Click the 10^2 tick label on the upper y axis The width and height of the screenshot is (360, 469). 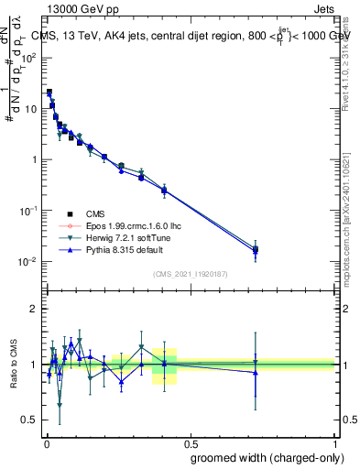click(29, 58)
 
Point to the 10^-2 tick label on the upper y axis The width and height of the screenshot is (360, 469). click(29, 262)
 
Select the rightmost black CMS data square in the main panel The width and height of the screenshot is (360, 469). click(256, 249)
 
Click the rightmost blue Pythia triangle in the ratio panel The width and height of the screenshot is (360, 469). click(256, 372)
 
